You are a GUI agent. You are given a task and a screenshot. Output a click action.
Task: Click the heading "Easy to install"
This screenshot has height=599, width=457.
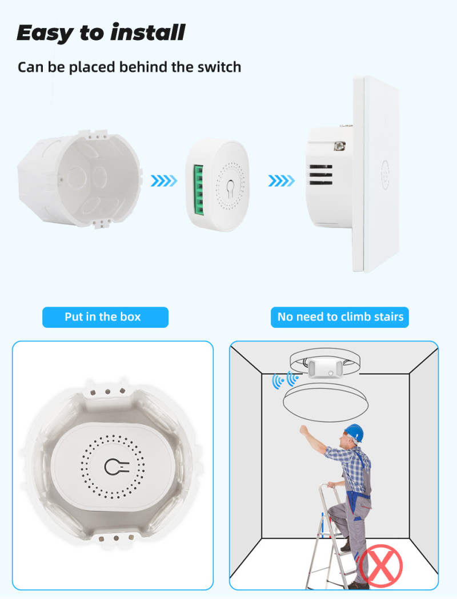click(x=101, y=33)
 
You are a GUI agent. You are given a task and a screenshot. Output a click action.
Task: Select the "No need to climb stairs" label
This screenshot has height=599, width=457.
click(x=340, y=317)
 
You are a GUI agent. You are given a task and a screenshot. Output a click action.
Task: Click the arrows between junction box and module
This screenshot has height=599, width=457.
click(x=164, y=180)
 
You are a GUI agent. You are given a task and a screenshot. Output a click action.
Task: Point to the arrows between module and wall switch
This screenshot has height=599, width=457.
click(x=282, y=180)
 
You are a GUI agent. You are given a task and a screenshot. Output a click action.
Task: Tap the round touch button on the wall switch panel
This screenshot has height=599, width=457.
click(x=385, y=175)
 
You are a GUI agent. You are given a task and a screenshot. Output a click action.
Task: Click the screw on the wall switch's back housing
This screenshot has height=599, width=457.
click(x=339, y=146)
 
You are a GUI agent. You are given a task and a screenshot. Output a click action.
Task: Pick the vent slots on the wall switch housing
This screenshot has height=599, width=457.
click(x=320, y=175)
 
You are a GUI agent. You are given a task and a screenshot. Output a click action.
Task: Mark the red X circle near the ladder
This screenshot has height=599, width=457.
click(x=380, y=566)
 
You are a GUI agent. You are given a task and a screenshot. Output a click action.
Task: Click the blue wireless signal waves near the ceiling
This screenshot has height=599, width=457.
click(x=285, y=380)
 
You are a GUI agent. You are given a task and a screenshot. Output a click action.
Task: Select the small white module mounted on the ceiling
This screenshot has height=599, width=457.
click(x=325, y=368)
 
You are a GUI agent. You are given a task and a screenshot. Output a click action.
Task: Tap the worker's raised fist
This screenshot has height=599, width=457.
click(x=304, y=430)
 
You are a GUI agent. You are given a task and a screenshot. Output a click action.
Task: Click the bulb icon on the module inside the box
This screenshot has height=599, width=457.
click(x=116, y=467)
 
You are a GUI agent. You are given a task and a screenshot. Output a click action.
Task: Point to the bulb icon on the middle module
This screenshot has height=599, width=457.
click(x=230, y=188)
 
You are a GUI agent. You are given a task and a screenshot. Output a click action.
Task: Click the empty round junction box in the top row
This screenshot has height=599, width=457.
click(x=80, y=179)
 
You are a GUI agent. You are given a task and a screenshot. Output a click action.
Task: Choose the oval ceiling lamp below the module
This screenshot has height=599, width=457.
click(x=326, y=403)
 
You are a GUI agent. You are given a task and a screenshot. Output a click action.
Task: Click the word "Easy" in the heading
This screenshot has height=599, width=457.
click(x=45, y=33)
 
